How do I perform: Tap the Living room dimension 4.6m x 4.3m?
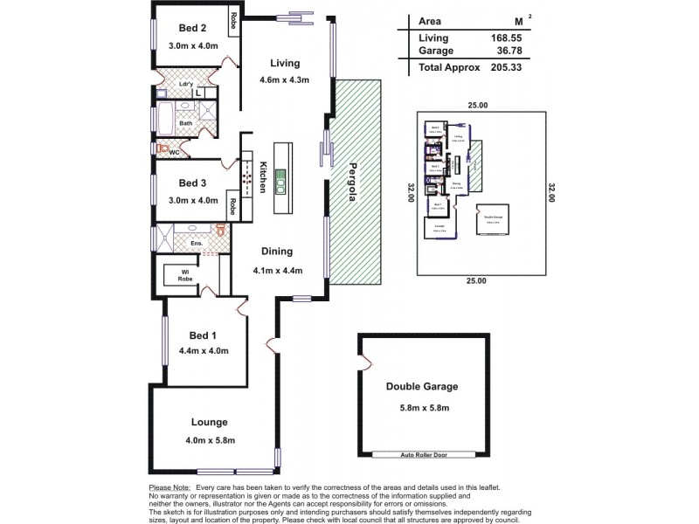(285, 81)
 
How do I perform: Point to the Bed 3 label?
(191, 183)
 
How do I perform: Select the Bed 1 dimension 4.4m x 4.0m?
(204, 351)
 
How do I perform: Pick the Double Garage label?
(422, 386)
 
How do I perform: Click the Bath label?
(186, 123)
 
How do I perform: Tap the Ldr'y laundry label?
(186, 85)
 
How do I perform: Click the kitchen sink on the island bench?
(280, 183)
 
